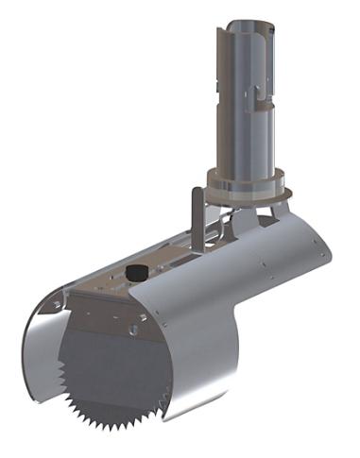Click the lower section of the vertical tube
(x=243, y=142)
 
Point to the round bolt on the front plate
(x=139, y=331)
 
